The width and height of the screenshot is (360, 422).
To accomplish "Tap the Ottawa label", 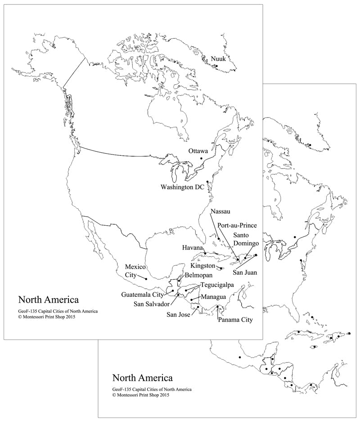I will pyautogui.click(x=198, y=150).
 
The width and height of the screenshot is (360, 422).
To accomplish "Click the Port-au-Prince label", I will pyautogui.click(x=237, y=225).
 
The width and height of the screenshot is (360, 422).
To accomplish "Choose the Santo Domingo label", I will pyautogui.click(x=246, y=239).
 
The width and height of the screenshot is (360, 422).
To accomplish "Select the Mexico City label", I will pyautogui.click(x=135, y=270).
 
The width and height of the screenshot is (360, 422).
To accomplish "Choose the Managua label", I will pyautogui.click(x=213, y=297).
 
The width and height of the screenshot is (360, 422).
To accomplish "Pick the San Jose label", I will pyautogui.click(x=179, y=314).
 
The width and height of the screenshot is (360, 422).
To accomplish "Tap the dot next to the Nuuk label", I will pyautogui.click(x=216, y=66).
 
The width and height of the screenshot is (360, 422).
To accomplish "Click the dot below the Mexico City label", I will pyautogui.click(x=146, y=278).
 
